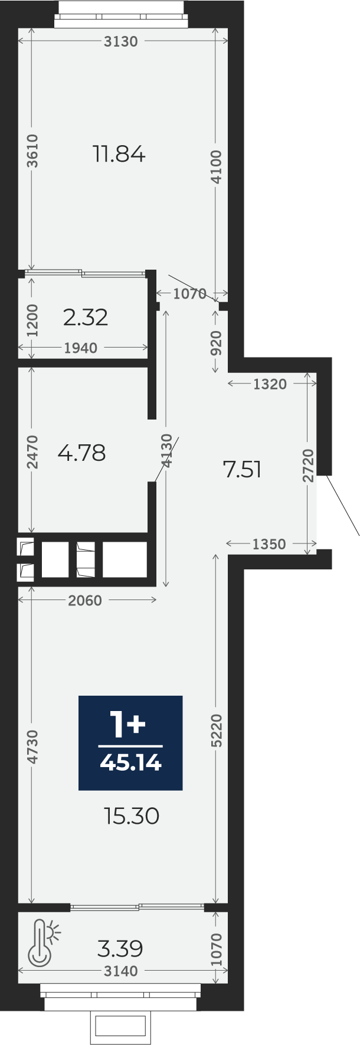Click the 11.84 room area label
click(119, 155)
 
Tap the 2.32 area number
click(86, 317)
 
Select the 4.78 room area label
click(82, 453)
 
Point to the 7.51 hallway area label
click(242, 470)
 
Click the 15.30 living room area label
click(132, 817)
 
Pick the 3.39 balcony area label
click(120, 949)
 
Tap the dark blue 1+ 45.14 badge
click(130, 742)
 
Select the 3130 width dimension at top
click(120, 41)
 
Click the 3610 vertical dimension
click(33, 151)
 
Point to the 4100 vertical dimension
click(217, 167)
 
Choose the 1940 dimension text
click(81, 348)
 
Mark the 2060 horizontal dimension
click(85, 601)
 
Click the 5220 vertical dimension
click(217, 731)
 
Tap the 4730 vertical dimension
click(33, 747)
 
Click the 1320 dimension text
click(270, 385)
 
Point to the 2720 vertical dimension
click(308, 466)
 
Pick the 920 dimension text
click(217, 343)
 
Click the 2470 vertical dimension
click(33, 452)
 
